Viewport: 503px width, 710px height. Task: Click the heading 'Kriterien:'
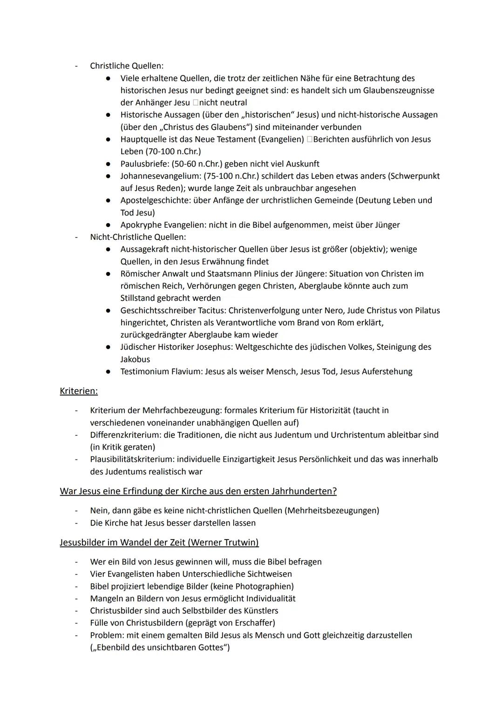click(x=79, y=391)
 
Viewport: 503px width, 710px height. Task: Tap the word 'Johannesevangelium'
click(x=160, y=176)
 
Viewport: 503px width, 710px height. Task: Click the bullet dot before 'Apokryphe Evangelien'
click(x=108, y=225)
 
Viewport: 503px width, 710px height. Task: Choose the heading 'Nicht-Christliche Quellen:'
click(x=138, y=237)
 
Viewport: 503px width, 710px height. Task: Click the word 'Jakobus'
click(x=135, y=359)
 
